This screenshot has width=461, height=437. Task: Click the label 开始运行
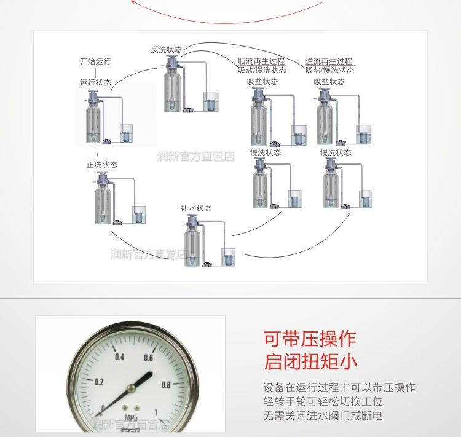[95, 61]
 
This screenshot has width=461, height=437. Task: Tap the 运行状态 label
[95, 82]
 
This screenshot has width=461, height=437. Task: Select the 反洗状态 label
[167, 49]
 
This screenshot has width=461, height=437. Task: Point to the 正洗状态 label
[102, 165]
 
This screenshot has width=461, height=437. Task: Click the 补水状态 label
[196, 208]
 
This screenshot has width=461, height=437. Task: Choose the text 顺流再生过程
[261, 61]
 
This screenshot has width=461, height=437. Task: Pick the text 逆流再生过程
[329, 61]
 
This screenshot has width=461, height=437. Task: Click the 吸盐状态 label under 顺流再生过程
[262, 81]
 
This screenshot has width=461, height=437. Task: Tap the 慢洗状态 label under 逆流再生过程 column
[336, 152]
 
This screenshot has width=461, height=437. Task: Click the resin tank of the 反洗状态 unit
[172, 89]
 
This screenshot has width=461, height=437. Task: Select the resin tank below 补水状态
[193, 246]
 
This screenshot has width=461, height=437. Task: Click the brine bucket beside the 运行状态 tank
[126, 133]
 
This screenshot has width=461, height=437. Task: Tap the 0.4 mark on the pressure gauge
[119, 358]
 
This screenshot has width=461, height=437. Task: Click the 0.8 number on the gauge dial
[165, 385]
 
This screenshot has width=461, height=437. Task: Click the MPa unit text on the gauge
[130, 417]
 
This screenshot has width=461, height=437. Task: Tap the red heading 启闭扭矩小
[309, 361]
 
